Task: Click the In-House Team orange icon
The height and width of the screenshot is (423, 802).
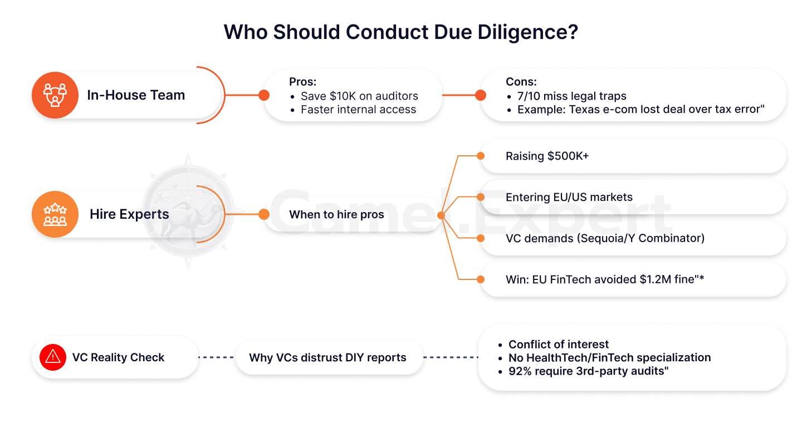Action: pyautogui.click(x=55, y=95)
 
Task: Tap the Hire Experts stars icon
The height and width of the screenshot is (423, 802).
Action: pyautogui.click(x=55, y=214)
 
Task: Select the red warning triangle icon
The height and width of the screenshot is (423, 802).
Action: pyautogui.click(x=53, y=356)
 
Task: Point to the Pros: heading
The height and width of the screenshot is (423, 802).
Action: pyautogui.click(x=302, y=82)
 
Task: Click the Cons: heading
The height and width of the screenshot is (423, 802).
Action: pyautogui.click(x=521, y=82)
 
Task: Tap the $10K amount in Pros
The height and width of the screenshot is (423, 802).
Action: pyautogui.click(x=341, y=96)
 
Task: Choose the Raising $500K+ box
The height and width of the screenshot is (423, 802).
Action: pyautogui.click(x=632, y=156)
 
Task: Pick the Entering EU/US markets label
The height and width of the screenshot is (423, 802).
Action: pyautogui.click(x=569, y=197)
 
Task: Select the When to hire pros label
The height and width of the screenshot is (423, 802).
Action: pyautogui.click(x=336, y=215)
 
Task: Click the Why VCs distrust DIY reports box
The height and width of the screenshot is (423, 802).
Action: pyautogui.click(x=327, y=357)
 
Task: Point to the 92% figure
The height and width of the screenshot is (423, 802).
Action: pyautogui.click(x=520, y=371)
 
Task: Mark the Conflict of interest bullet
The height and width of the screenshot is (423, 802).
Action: pyautogui.click(x=559, y=345)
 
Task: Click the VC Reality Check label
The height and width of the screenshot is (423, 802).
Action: pyautogui.click(x=118, y=357)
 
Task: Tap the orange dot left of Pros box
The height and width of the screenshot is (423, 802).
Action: pyautogui.click(x=264, y=95)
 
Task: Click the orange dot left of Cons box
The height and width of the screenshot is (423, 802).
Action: pyautogui.click(x=481, y=95)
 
